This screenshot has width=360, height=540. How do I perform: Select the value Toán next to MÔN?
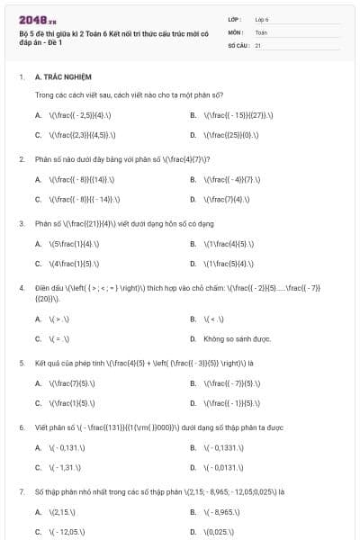pyautogui.click(x=261, y=31)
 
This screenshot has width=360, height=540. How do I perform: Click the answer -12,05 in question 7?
pyautogui.click(x=64, y=532)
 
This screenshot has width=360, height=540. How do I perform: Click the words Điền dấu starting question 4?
pyautogui.click(x=48, y=287)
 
